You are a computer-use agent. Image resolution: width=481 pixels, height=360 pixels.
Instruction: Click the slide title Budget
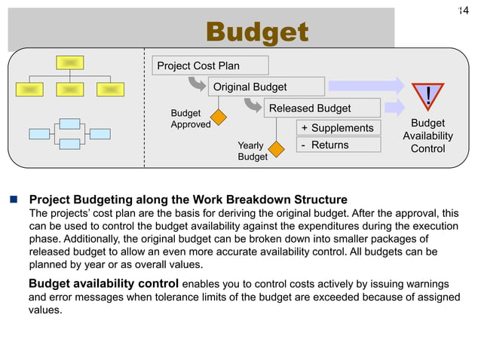(x=257, y=32)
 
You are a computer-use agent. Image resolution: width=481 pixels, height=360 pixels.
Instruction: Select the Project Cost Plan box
(x=198, y=66)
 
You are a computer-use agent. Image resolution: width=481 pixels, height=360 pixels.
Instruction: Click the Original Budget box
(x=250, y=87)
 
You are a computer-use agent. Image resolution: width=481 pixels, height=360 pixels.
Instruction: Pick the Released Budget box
(x=310, y=109)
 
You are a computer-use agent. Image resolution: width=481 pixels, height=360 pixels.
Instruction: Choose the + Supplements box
(x=337, y=128)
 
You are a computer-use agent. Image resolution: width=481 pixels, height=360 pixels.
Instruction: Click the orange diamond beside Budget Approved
(x=219, y=117)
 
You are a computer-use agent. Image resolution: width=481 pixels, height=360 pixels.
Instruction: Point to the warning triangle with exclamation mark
(x=427, y=96)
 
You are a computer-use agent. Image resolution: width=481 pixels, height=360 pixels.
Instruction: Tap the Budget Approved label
(x=190, y=118)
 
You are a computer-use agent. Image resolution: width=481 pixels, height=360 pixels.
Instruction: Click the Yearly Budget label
(x=252, y=151)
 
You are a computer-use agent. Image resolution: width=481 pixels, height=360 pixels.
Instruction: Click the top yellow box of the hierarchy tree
(x=69, y=63)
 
